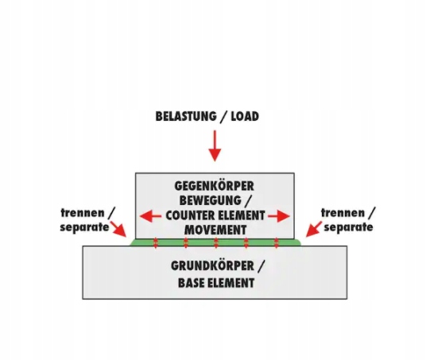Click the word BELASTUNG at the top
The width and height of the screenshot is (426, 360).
click(x=186, y=116)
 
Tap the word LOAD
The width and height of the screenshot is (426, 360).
click(x=245, y=116)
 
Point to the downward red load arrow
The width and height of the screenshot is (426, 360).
click(x=215, y=146)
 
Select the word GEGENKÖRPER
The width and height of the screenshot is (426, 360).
click(x=214, y=186)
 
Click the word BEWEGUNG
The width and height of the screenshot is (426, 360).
click(x=211, y=201)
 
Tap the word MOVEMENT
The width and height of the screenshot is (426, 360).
click(x=215, y=230)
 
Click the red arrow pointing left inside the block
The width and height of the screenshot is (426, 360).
click(x=150, y=216)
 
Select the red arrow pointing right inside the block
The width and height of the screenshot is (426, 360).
click(x=279, y=216)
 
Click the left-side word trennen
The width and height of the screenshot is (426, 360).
click(x=83, y=213)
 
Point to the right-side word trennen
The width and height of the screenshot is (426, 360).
click(x=343, y=213)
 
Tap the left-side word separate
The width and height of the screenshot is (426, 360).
click(x=84, y=227)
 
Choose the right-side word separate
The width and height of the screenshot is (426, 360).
click(x=348, y=227)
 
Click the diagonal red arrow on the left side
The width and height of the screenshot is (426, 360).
click(x=118, y=230)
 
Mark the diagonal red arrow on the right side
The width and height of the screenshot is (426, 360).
click(x=314, y=230)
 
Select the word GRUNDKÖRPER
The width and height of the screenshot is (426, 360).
click(x=212, y=266)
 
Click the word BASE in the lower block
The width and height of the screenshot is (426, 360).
click(x=192, y=283)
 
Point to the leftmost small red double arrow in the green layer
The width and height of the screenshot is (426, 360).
click(x=156, y=243)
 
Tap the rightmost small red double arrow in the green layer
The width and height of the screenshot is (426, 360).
click(x=277, y=243)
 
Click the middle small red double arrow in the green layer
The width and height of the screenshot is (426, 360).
click(x=216, y=243)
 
